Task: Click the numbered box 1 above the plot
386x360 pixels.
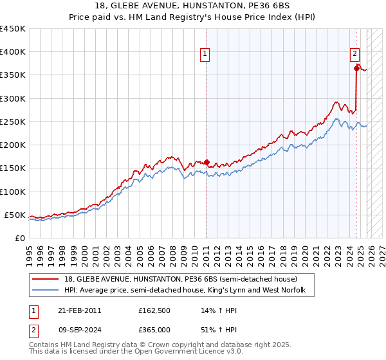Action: (x=205, y=55)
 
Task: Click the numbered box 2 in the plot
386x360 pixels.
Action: (x=354, y=55)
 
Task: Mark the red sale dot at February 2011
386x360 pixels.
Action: (x=207, y=162)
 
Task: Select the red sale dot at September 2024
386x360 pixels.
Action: (x=356, y=68)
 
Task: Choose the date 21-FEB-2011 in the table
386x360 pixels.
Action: (x=79, y=311)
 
